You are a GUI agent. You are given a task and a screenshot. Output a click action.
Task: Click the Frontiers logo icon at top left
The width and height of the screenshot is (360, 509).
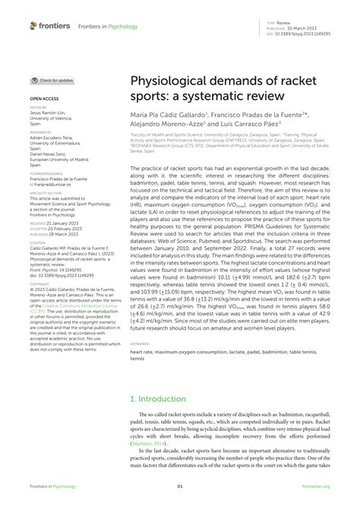click(x=33, y=25)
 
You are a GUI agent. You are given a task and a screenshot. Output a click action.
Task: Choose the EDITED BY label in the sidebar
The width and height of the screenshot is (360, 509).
click(x=39, y=109)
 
